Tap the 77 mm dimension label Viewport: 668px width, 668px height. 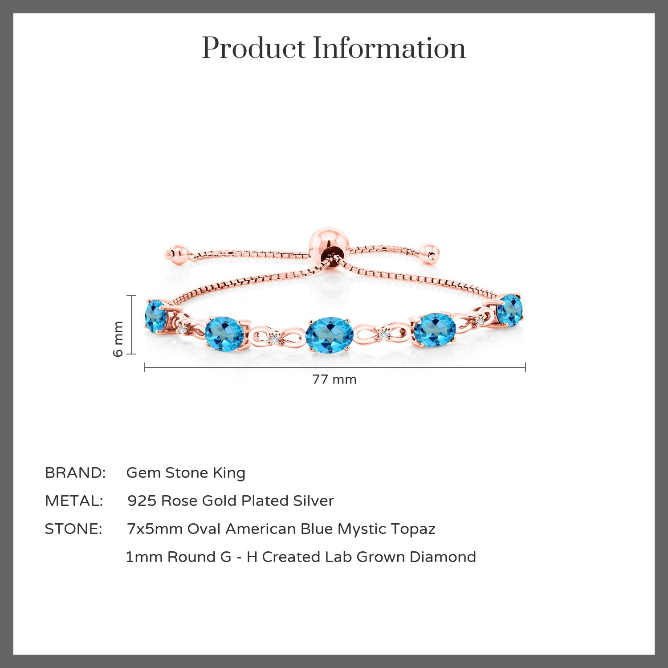click(334, 379)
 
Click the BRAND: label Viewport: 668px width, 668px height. click(75, 473)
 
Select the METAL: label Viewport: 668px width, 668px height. click(74, 501)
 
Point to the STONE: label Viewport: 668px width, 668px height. click(73, 529)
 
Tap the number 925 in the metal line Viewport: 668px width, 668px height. click(142, 501)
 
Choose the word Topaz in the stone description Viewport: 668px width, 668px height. click(413, 529)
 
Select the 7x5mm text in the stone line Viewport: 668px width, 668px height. click(155, 529)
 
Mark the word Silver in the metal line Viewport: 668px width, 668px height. click(314, 501)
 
